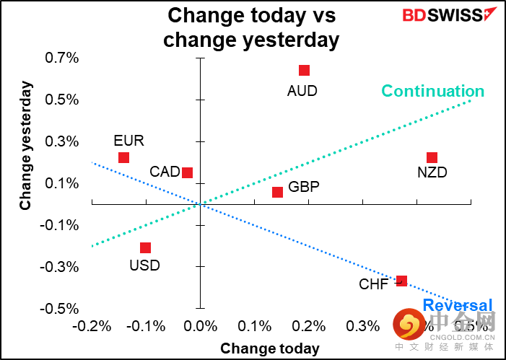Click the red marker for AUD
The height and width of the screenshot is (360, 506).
pos(304,70)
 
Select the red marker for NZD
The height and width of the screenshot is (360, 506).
pos(432,157)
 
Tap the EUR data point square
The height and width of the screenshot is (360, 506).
pos(123,157)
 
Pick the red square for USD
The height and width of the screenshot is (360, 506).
pos(145,247)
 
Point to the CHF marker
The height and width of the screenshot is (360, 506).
pos(401,281)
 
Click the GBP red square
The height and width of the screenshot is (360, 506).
pos(277,192)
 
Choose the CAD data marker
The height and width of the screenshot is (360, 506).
pos(187,172)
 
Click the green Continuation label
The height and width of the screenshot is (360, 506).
pos(432,91)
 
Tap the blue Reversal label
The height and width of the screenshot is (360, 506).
pos(458,304)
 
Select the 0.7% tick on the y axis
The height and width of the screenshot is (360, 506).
pos(62,58)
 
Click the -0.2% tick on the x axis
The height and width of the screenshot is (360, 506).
pos(91,326)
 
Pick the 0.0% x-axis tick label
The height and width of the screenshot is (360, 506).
pos(200,326)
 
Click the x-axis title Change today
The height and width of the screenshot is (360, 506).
pos(269,348)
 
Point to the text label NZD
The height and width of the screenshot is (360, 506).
pos(432,173)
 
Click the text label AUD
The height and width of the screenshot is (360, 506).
pos(302,91)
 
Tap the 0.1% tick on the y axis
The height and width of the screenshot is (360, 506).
pos(64,183)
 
